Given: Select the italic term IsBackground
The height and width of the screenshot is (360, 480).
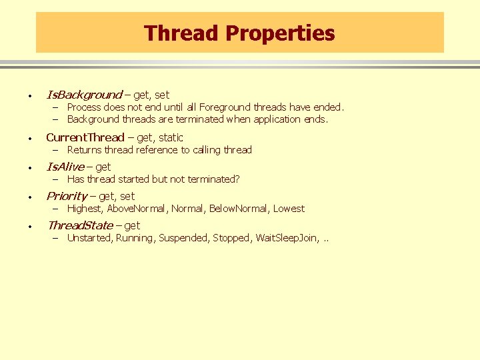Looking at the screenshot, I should pos(84,95).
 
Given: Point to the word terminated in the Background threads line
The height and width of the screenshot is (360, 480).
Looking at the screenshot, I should pos(200,119).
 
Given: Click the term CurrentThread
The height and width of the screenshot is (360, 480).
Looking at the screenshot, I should pos(85,137).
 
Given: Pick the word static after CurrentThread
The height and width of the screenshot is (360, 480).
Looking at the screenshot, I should pos(171,137).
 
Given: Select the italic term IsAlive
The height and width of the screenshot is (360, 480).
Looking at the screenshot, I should pos(65,167).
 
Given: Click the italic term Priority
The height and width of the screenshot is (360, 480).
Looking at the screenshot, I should pos(66,196).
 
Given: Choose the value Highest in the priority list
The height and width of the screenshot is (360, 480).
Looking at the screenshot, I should pos(84,209).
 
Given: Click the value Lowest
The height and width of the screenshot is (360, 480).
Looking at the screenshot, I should pos(289,209).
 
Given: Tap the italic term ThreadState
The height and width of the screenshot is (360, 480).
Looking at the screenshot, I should pos(80,225).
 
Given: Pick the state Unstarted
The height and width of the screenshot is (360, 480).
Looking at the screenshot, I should pos(89,238).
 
